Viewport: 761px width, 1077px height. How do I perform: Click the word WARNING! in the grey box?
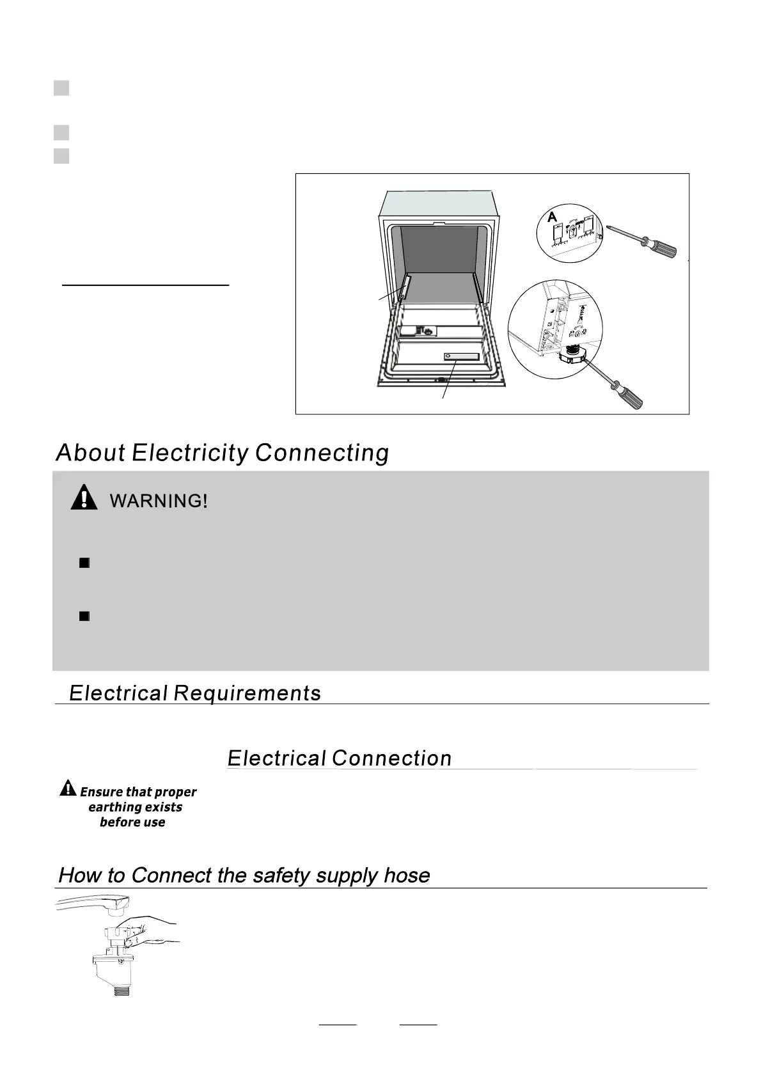pos(159,501)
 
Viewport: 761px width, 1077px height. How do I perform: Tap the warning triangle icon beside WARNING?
pos(84,498)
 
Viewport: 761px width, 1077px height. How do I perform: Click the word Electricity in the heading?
pos(189,453)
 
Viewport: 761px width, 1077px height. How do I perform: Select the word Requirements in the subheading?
pos(247,693)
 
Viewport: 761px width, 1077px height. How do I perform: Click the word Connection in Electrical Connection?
pos(391,759)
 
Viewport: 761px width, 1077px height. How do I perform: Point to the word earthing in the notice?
pos(111,807)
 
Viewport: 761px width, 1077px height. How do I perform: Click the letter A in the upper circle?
pos(553,217)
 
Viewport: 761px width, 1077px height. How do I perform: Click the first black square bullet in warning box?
pos(84,563)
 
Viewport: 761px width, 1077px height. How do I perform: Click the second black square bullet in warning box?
pos(84,616)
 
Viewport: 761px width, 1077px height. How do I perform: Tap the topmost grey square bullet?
pos(61,88)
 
